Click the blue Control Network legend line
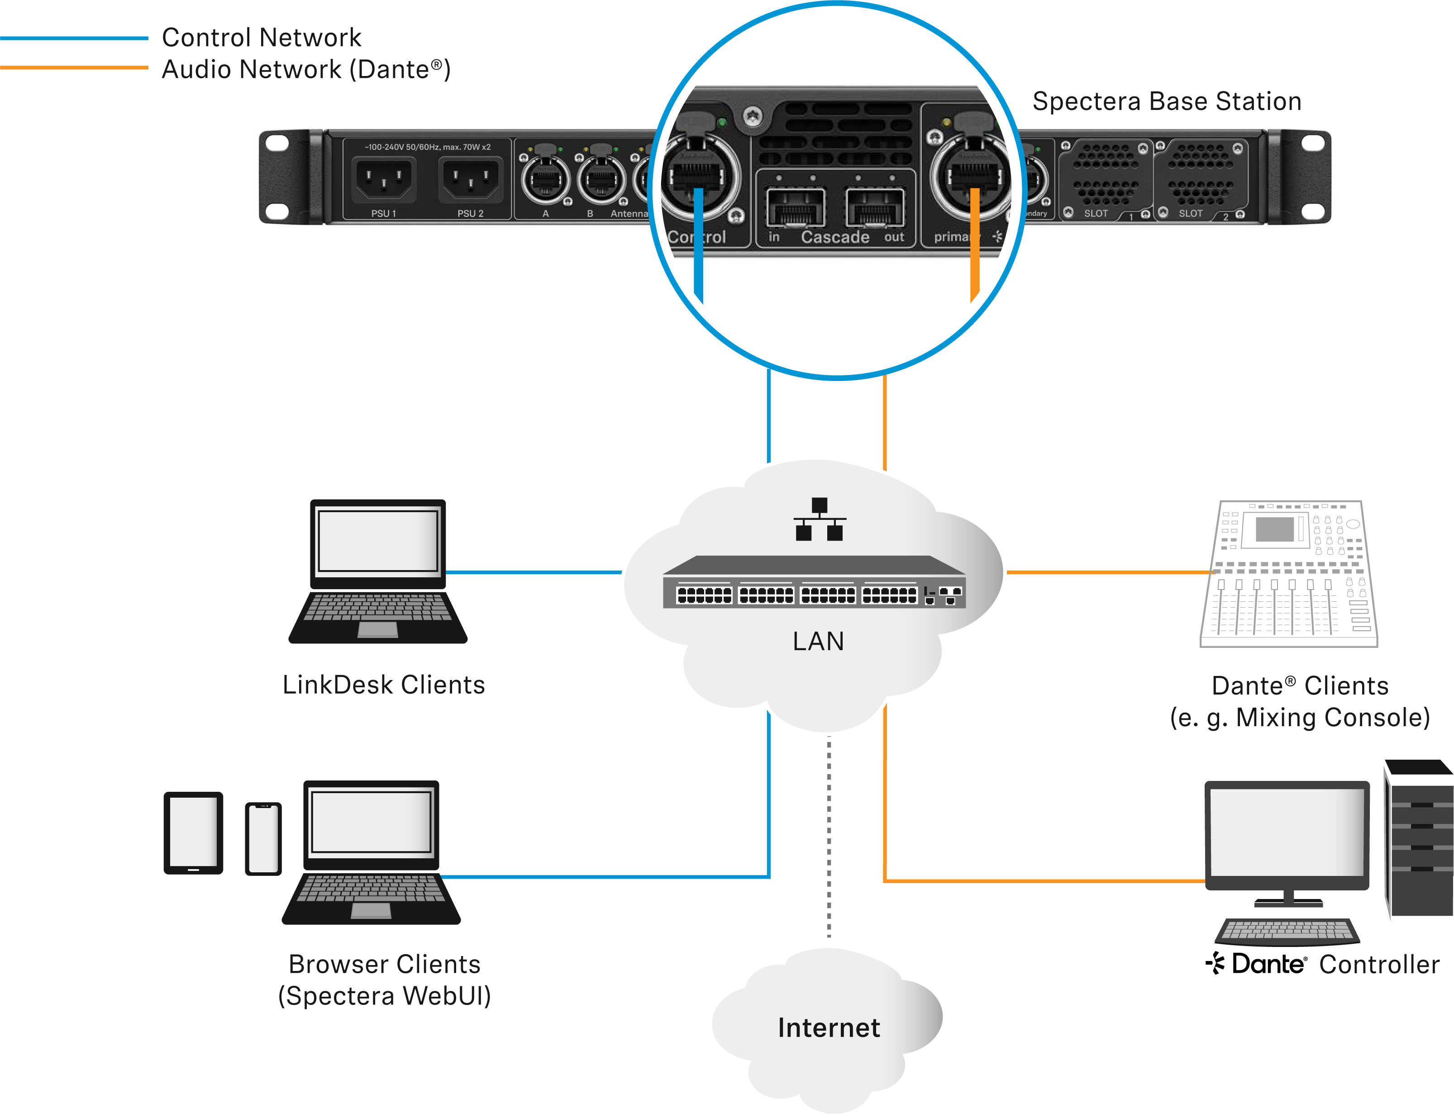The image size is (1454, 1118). pyautogui.click(x=73, y=38)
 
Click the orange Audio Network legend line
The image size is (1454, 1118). pyautogui.click(x=73, y=67)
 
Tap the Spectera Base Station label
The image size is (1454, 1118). pyautogui.click(x=1166, y=101)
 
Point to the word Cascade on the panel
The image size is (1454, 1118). pyautogui.click(x=834, y=237)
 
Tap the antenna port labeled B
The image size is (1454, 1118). pyautogui.click(x=601, y=178)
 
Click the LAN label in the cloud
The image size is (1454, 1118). pyautogui.click(x=818, y=641)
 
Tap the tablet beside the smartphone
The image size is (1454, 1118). pyautogui.click(x=193, y=833)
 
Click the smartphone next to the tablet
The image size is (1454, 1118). pyautogui.click(x=263, y=838)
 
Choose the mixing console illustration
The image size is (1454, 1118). pyautogui.click(x=1288, y=574)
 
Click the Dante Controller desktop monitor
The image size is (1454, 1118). pyautogui.click(x=1287, y=835)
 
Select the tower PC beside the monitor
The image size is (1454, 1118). pyautogui.click(x=1420, y=838)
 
